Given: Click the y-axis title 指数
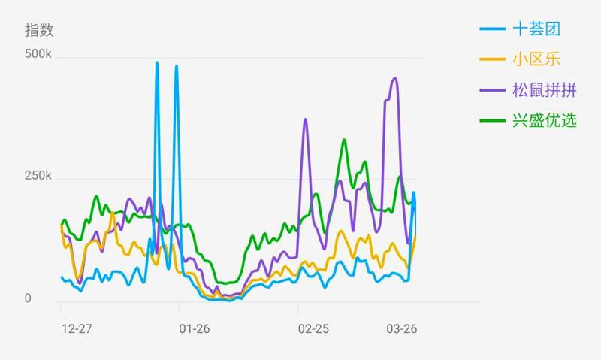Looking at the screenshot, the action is click(x=39, y=30).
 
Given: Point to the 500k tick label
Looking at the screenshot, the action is click(x=38, y=54).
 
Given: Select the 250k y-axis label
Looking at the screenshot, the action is click(x=38, y=176).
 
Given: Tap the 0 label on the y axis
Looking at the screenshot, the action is click(x=28, y=298).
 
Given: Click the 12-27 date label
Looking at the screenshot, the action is click(x=77, y=328).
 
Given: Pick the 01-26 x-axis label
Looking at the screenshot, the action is click(x=195, y=328).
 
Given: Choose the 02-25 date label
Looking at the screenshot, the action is click(x=313, y=328).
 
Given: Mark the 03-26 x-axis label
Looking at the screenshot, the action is click(x=402, y=328).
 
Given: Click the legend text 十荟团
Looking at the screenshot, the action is click(x=536, y=29).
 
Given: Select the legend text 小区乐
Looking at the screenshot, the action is click(x=536, y=59).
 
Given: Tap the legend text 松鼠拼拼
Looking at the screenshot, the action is click(x=545, y=90).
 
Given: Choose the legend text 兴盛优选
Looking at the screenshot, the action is click(x=545, y=120).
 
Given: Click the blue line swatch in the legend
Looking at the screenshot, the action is click(x=493, y=29).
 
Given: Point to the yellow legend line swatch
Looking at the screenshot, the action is click(x=493, y=59).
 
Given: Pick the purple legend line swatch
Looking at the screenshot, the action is click(x=493, y=90).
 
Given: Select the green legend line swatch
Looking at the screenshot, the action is click(x=493, y=120).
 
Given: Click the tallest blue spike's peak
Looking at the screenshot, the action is click(x=157, y=62).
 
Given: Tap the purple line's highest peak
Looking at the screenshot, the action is click(x=395, y=78).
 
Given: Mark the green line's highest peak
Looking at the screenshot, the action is click(x=344, y=140).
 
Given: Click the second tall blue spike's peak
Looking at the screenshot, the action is click(x=177, y=66).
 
